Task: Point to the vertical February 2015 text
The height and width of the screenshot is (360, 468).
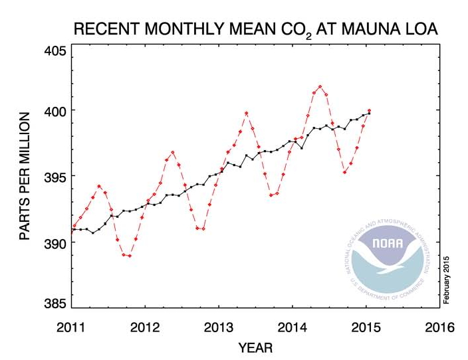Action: tap(447, 280)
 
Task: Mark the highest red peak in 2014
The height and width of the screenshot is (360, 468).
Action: tap(320, 86)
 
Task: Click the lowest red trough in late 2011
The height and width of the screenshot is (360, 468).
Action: tap(129, 256)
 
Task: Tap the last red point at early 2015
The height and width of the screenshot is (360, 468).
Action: tap(369, 111)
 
